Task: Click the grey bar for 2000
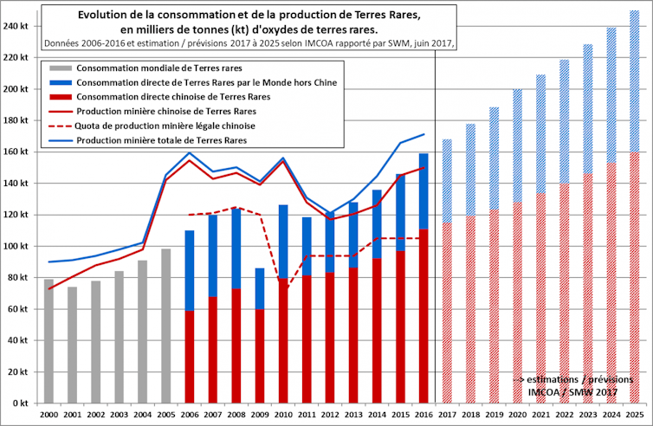(x=49, y=341)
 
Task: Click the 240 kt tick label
(x=16, y=26)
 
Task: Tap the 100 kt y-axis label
(x=16, y=247)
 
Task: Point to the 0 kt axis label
(x=20, y=403)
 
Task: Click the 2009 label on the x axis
(x=259, y=416)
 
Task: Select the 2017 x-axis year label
(x=447, y=416)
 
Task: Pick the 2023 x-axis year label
(x=587, y=416)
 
